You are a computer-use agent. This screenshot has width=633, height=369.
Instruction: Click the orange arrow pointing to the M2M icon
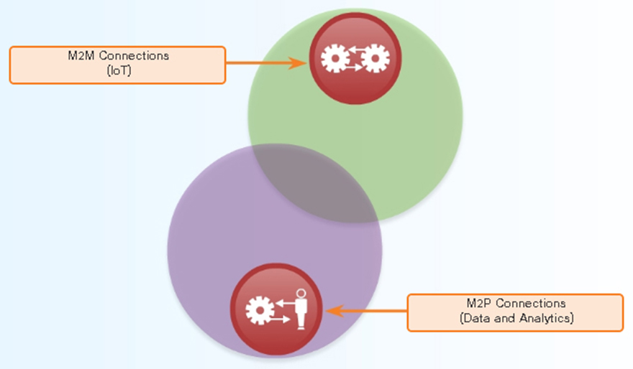click(x=267, y=62)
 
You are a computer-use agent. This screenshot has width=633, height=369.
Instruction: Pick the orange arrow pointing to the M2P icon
click(x=367, y=312)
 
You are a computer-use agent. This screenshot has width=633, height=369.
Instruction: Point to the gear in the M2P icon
click(x=259, y=310)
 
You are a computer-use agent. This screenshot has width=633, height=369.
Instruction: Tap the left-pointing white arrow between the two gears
click(x=354, y=51)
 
